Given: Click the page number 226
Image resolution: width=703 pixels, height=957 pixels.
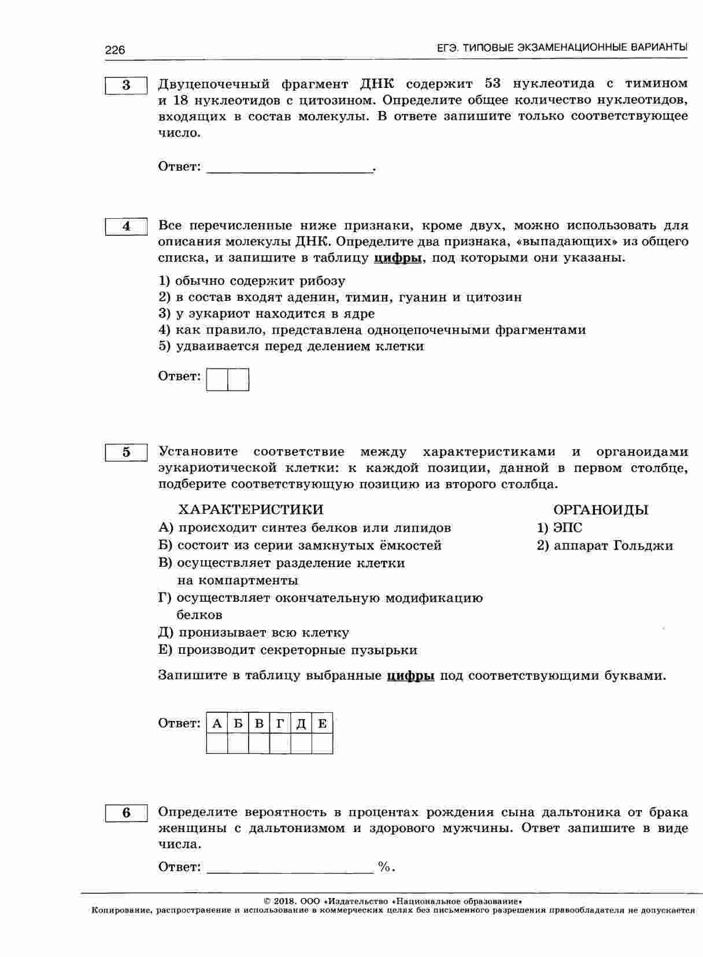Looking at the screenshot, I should (x=115, y=50).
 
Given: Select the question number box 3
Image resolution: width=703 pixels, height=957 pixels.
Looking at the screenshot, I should (x=127, y=85).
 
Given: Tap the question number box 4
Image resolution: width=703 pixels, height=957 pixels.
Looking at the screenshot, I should (x=127, y=226).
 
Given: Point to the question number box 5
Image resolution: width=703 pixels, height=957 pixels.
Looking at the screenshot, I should (x=127, y=452).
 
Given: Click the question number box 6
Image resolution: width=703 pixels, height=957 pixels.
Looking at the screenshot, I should (x=127, y=813).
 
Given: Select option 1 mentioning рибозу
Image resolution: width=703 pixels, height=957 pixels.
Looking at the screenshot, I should (x=252, y=281).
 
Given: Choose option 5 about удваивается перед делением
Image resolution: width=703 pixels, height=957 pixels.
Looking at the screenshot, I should (x=291, y=346).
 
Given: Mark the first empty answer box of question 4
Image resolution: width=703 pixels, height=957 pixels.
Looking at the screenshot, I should (x=217, y=380).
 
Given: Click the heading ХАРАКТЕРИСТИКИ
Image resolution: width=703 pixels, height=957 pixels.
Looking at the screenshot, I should (x=251, y=509).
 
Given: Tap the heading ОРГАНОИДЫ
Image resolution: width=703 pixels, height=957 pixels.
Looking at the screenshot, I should (x=601, y=510).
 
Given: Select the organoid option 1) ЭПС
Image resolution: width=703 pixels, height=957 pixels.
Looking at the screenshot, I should (x=560, y=528).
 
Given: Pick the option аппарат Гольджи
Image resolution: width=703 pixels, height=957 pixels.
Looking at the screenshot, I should (x=605, y=545).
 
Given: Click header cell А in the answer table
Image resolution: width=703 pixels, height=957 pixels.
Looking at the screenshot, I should (x=217, y=723).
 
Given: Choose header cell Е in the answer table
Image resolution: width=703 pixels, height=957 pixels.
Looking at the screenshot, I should (x=322, y=723).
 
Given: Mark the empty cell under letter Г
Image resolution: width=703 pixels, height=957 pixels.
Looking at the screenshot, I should (x=280, y=743).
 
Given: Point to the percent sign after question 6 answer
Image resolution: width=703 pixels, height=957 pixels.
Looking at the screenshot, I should (x=384, y=866).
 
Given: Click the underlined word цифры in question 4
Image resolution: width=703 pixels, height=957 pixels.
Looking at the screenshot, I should (x=398, y=258).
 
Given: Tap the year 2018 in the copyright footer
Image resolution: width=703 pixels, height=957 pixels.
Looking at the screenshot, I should (x=284, y=901).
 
